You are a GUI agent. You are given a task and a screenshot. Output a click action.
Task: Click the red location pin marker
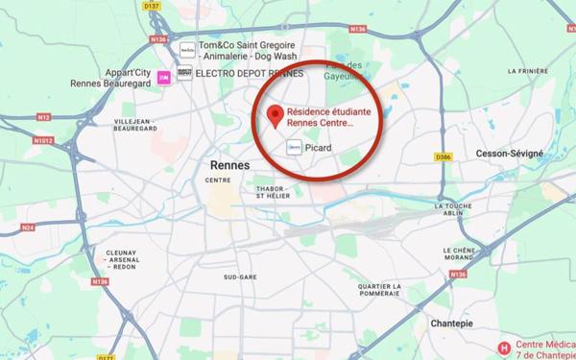276,116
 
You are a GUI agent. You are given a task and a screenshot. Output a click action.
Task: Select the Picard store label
317,148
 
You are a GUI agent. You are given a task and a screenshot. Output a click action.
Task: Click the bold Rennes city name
228,165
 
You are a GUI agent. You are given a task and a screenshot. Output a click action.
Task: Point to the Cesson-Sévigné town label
509,154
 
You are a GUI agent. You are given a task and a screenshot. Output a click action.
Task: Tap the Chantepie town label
454,324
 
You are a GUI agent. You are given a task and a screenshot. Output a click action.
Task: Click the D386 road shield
443,156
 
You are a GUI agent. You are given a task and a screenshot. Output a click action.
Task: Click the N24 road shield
28,228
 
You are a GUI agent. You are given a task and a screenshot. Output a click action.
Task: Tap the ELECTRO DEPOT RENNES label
250,73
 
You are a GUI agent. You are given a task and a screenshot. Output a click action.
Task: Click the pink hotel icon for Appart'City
163,75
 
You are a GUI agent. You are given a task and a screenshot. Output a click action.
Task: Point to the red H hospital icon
503,348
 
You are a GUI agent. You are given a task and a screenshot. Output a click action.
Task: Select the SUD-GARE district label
240,276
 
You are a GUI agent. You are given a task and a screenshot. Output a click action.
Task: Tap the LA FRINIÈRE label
527,71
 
